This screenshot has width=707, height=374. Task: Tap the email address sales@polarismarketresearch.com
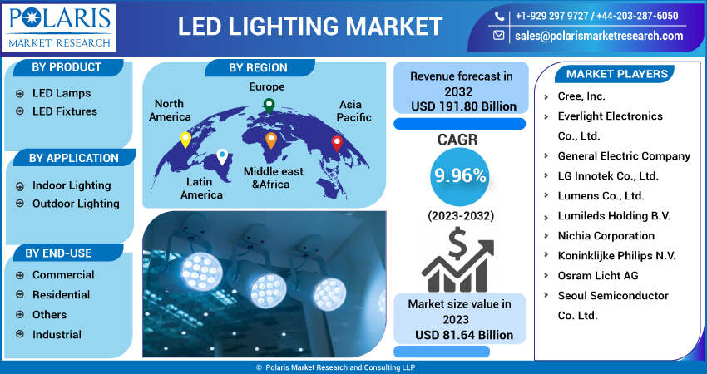599,36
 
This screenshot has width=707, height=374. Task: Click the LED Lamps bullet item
62,93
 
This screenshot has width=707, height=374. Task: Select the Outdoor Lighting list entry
76,204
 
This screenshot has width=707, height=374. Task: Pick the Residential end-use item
61,295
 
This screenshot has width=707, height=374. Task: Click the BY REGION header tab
258,68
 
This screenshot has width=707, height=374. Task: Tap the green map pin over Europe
269,106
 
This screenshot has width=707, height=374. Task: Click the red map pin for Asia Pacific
337,143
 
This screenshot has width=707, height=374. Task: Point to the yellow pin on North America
185,140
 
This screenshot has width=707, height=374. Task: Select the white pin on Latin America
222,156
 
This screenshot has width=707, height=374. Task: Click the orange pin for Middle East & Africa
270,140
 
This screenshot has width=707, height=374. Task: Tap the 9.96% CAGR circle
459,175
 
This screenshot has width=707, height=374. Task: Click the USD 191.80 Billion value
464,106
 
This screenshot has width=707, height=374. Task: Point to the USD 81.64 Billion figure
464,335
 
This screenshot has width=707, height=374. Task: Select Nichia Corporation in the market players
606,236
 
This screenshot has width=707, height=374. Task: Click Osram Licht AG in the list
598,276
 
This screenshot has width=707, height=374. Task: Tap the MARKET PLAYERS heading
616,74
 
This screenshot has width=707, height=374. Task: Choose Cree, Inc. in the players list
581,96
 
